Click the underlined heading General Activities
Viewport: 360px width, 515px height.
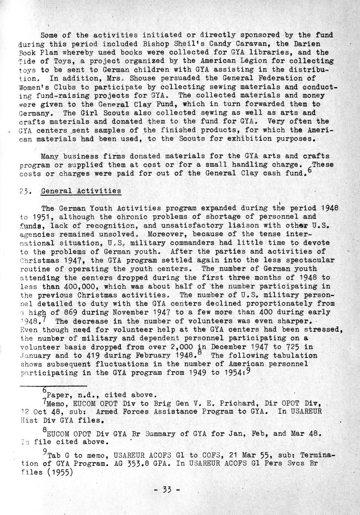[81, 191]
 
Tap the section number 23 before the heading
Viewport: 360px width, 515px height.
[25, 191]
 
